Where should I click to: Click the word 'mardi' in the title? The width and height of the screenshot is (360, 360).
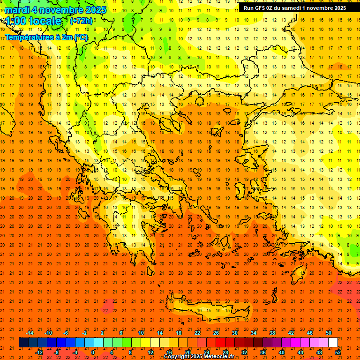(17, 10)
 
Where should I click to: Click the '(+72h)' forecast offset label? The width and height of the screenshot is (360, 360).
(81, 21)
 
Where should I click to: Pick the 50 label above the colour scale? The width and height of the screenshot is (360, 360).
(328, 332)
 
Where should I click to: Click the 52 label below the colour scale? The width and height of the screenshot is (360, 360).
(338, 352)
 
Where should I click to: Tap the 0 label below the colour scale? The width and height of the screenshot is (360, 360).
(92, 352)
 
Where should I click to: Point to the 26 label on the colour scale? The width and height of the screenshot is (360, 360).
(216, 332)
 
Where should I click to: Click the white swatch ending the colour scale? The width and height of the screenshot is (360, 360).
(333, 342)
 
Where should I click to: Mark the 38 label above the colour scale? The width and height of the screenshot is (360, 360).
(272, 332)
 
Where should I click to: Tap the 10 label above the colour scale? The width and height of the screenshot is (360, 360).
(141, 332)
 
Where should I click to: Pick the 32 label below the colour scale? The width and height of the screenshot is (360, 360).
(244, 352)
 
